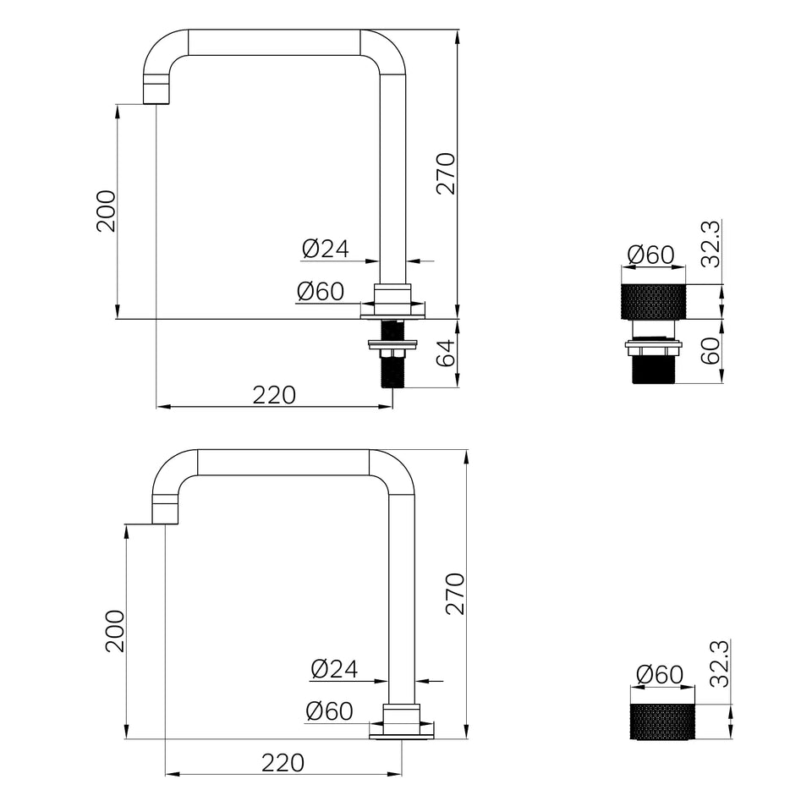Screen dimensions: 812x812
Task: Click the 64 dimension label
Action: point(446,353)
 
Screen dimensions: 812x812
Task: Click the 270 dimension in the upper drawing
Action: point(446,173)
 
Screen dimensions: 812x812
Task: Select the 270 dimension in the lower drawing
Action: point(455,594)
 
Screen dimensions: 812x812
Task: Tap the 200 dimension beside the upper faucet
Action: point(107,211)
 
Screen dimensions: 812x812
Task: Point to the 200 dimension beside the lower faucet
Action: point(115,631)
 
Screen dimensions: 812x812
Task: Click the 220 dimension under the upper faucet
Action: point(274,395)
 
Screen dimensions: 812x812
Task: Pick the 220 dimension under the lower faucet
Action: point(283,763)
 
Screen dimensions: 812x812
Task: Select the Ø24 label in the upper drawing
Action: point(326,249)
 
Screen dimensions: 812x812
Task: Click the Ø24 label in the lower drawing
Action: point(335,668)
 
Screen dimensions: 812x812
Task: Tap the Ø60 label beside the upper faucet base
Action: point(321,291)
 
